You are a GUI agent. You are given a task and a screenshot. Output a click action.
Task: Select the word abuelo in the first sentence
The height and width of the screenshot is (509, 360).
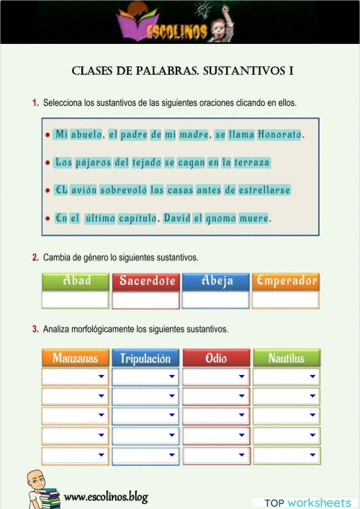[86, 135]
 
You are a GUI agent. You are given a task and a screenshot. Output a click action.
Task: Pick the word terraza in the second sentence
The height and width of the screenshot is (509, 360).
[251, 163]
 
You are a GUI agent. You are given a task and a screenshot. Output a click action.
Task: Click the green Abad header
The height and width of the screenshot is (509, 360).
[76, 281]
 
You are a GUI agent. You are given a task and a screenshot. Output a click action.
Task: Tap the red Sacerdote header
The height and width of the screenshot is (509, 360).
[146, 281]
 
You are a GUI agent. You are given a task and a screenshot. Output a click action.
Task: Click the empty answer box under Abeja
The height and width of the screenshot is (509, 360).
[216, 299]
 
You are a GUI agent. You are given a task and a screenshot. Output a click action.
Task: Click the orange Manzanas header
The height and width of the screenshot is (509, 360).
[76, 358]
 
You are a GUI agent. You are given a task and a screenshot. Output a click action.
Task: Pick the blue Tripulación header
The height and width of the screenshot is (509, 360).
[145, 358]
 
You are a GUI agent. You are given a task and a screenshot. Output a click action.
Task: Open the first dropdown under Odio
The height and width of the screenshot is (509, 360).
[216, 377]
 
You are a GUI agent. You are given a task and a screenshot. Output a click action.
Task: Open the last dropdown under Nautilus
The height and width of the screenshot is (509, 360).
[287, 456]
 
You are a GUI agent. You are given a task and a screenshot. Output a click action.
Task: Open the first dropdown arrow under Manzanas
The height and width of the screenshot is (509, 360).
[101, 377]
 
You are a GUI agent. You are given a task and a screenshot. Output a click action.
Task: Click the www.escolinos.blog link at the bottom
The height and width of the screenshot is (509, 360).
[105, 496]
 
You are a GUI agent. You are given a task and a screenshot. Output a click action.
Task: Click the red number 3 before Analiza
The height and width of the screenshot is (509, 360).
[35, 330]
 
